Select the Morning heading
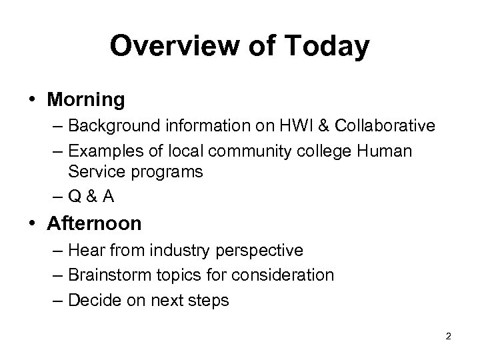[x=86, y=100]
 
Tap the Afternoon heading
[x=94, y=223]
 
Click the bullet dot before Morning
[x=32, y=100]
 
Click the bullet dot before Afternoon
[x=32, y=223]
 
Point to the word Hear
[x=85, y=251]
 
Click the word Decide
[x=93, y=300]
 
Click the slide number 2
[x=448, y=337]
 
